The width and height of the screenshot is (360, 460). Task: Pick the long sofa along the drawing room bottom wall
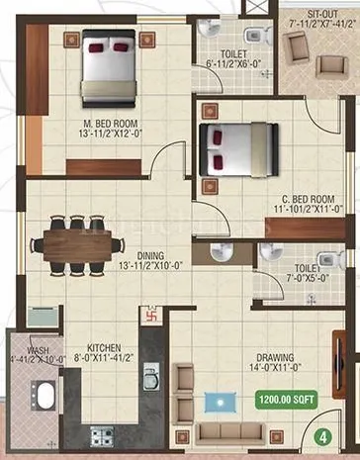pos(231,434)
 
